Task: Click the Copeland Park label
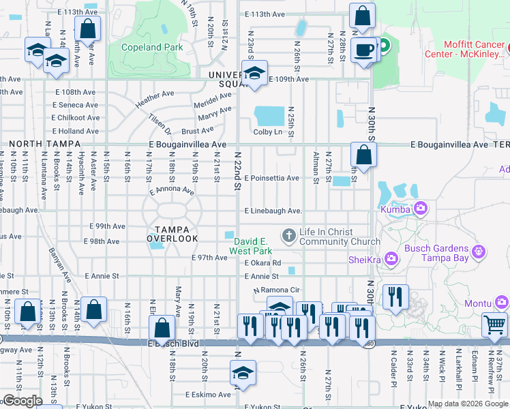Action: click(151, 48)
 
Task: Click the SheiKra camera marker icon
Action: click(391, 258)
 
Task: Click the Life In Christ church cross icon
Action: click(289, 236)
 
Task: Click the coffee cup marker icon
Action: click(364, 49)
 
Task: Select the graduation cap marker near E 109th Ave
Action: click(255, 73)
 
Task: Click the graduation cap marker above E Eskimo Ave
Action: click(243, 372)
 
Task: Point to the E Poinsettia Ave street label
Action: click(271, 178)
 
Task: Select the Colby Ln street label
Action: click(268, 132)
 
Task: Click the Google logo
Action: click(22, 402)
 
